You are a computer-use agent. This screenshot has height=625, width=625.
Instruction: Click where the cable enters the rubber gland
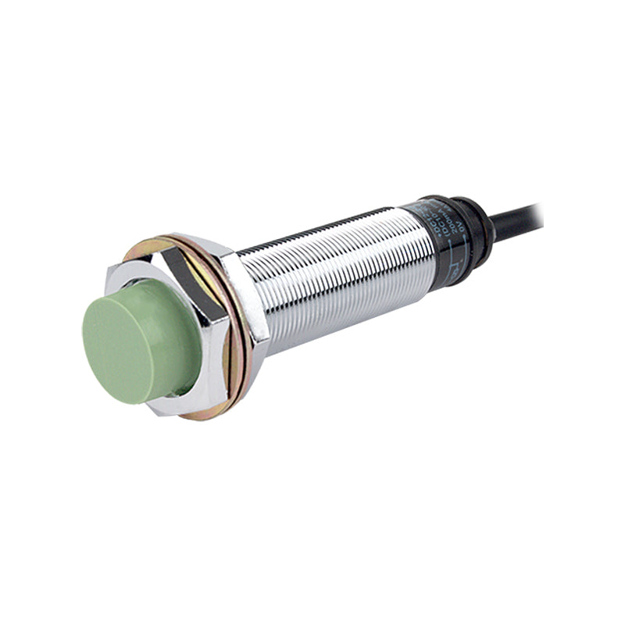[492, 225]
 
